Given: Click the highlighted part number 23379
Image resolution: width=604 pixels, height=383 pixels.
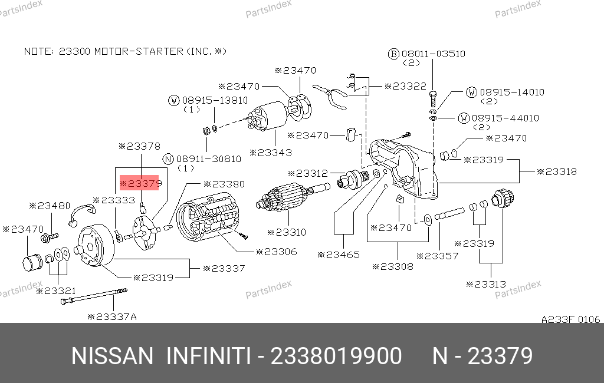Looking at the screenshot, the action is point(140,184).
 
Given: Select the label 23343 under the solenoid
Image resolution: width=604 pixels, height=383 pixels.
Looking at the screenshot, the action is point(271,153).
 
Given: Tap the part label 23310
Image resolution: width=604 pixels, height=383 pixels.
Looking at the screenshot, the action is point(287,232).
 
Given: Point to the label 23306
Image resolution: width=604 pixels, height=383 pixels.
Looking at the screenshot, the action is point(277,252).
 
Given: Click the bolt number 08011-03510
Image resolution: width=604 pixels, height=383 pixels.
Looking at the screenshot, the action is point(434,54).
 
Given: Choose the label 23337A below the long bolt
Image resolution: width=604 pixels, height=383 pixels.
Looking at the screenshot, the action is point(112,317).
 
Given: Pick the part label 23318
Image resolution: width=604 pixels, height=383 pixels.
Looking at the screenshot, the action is point(557,171).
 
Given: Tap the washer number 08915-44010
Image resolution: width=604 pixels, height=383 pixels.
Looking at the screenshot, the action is point(505,118).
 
